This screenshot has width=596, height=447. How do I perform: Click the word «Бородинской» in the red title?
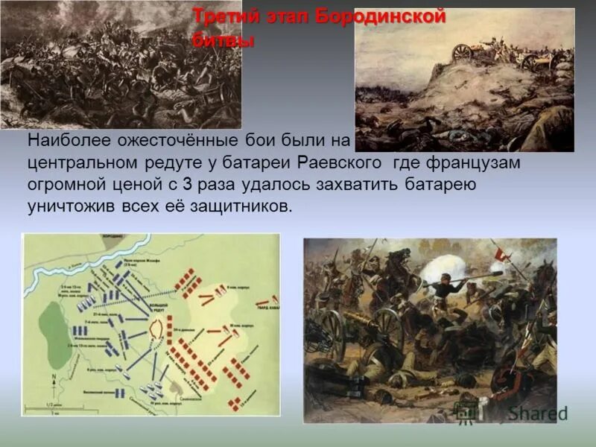pyautogui.click(x=381, y=17)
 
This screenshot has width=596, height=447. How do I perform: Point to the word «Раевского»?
pyautogui.click(x=341, y=162)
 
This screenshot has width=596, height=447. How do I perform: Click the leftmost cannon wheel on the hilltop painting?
pyautogui.click(x=463, y=53)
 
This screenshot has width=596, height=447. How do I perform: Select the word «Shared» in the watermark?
pyautogui.click(x=538, y=413)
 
